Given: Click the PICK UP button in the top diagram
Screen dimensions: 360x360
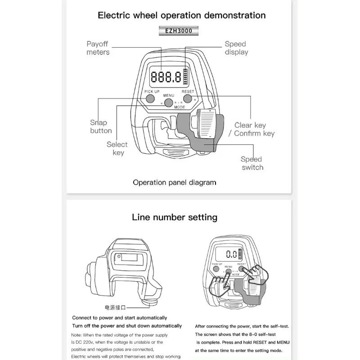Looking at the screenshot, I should coord(149,97).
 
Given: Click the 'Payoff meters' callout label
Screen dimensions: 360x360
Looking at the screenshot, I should coord(98,48).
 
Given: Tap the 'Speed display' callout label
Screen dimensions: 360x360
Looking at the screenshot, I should coord(236,48).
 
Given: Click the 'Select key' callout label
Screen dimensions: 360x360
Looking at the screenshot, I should coord(117,148).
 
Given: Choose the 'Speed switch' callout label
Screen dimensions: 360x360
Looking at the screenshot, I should coord(252,163).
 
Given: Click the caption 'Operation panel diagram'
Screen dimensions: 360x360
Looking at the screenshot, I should coord(175,182).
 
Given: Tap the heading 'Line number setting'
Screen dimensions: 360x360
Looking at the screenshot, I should coord(175,217).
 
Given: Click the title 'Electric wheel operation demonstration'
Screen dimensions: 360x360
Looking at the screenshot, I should coord(182,15).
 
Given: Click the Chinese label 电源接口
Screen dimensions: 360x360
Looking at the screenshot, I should coord(115,308).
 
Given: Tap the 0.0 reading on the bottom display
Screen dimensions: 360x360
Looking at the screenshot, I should coord(231,254).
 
